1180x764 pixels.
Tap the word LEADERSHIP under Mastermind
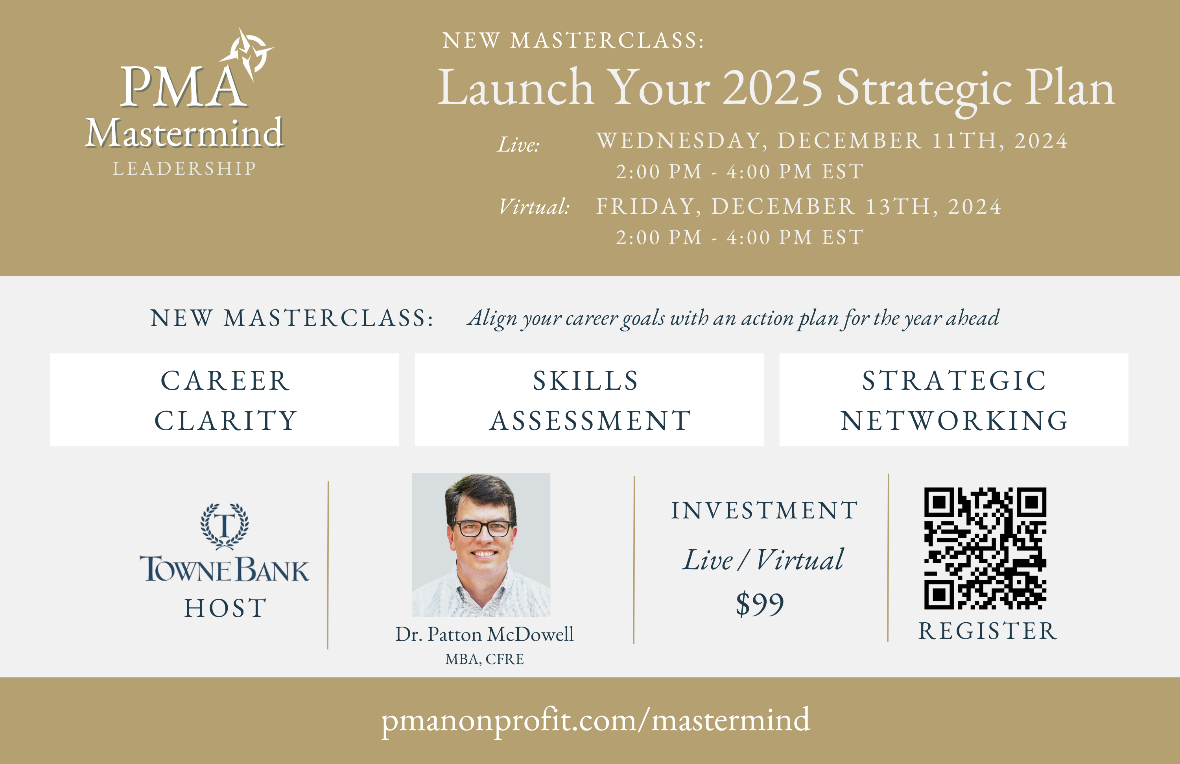184,169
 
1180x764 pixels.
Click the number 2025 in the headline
773,88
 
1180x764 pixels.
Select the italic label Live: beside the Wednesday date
518,145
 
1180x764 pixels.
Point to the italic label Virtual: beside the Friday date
535,206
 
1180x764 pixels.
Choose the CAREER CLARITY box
225,400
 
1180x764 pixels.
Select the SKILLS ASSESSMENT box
589,400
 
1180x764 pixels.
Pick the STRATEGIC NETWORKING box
953,400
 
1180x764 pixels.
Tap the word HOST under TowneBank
226,608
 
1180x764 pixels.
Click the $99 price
760,604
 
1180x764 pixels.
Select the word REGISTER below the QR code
987,631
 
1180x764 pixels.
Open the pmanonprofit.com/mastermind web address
596,720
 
